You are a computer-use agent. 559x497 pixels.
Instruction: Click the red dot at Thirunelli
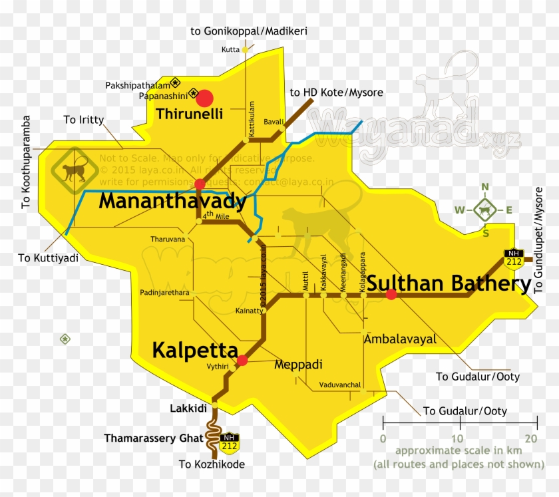coord(204,98)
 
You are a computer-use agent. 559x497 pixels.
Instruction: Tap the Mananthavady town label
coord(172,201)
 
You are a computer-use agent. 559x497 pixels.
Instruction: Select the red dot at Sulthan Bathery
coord(391,294)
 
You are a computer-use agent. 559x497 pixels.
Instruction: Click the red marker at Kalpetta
coord(242,361)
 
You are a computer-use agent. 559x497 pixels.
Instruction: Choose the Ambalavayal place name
coord(401,339)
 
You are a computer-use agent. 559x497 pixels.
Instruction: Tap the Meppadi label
coord(298,365)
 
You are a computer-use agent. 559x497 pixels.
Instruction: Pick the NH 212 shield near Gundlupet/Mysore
coord(512,256)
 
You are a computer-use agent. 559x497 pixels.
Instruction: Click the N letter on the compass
coord(485,187)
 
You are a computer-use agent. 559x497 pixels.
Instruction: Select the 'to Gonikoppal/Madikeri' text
coord(249,31)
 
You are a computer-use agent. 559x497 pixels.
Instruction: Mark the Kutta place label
coord(230,49)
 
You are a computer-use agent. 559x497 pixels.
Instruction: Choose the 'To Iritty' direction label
coord(84,120)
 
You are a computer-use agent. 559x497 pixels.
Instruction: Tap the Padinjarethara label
coord(164,292)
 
